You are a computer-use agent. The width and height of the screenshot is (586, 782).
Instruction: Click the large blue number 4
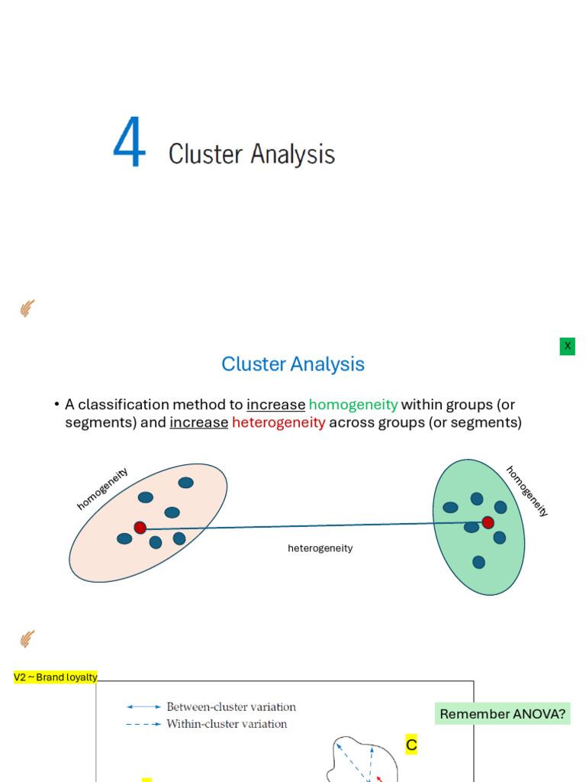coord(129,144)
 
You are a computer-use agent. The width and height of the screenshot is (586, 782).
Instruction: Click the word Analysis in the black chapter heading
coord(293,154)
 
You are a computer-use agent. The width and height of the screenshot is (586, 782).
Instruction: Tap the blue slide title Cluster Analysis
coord(293,364)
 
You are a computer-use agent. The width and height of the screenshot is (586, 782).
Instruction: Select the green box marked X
coord(567,346)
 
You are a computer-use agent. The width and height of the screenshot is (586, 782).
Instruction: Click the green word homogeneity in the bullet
coord(353,405)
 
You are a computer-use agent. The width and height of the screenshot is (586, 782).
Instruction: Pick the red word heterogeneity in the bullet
coord(279,423)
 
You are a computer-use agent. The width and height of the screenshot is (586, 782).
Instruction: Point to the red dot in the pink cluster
coord(140,528)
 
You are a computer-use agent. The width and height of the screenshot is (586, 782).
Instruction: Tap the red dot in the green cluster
coord(488,522)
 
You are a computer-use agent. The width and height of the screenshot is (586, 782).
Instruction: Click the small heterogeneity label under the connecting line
coord(320,548)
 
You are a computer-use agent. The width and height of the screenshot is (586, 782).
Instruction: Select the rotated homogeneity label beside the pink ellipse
coord(102,489)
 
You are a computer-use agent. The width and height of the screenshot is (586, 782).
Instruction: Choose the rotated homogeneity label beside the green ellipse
coord(527,491)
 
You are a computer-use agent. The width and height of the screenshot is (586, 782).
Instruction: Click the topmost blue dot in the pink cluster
coord(185,483)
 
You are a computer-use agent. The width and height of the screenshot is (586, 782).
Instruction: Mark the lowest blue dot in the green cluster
coord(478,562)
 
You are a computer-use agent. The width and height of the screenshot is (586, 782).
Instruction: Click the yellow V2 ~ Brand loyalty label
coord(56,677)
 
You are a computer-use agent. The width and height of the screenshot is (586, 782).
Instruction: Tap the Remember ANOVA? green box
coord(503,714)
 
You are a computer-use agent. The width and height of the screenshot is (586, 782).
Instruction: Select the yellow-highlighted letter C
coord(411,745)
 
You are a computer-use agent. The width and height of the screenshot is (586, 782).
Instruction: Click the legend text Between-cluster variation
coord(231,707)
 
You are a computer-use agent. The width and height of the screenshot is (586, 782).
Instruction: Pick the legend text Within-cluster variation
coord(227,724)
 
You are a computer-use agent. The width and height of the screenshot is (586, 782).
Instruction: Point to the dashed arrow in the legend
coord(143,724)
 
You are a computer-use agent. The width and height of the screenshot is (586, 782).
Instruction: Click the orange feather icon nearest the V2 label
coord(27,638)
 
